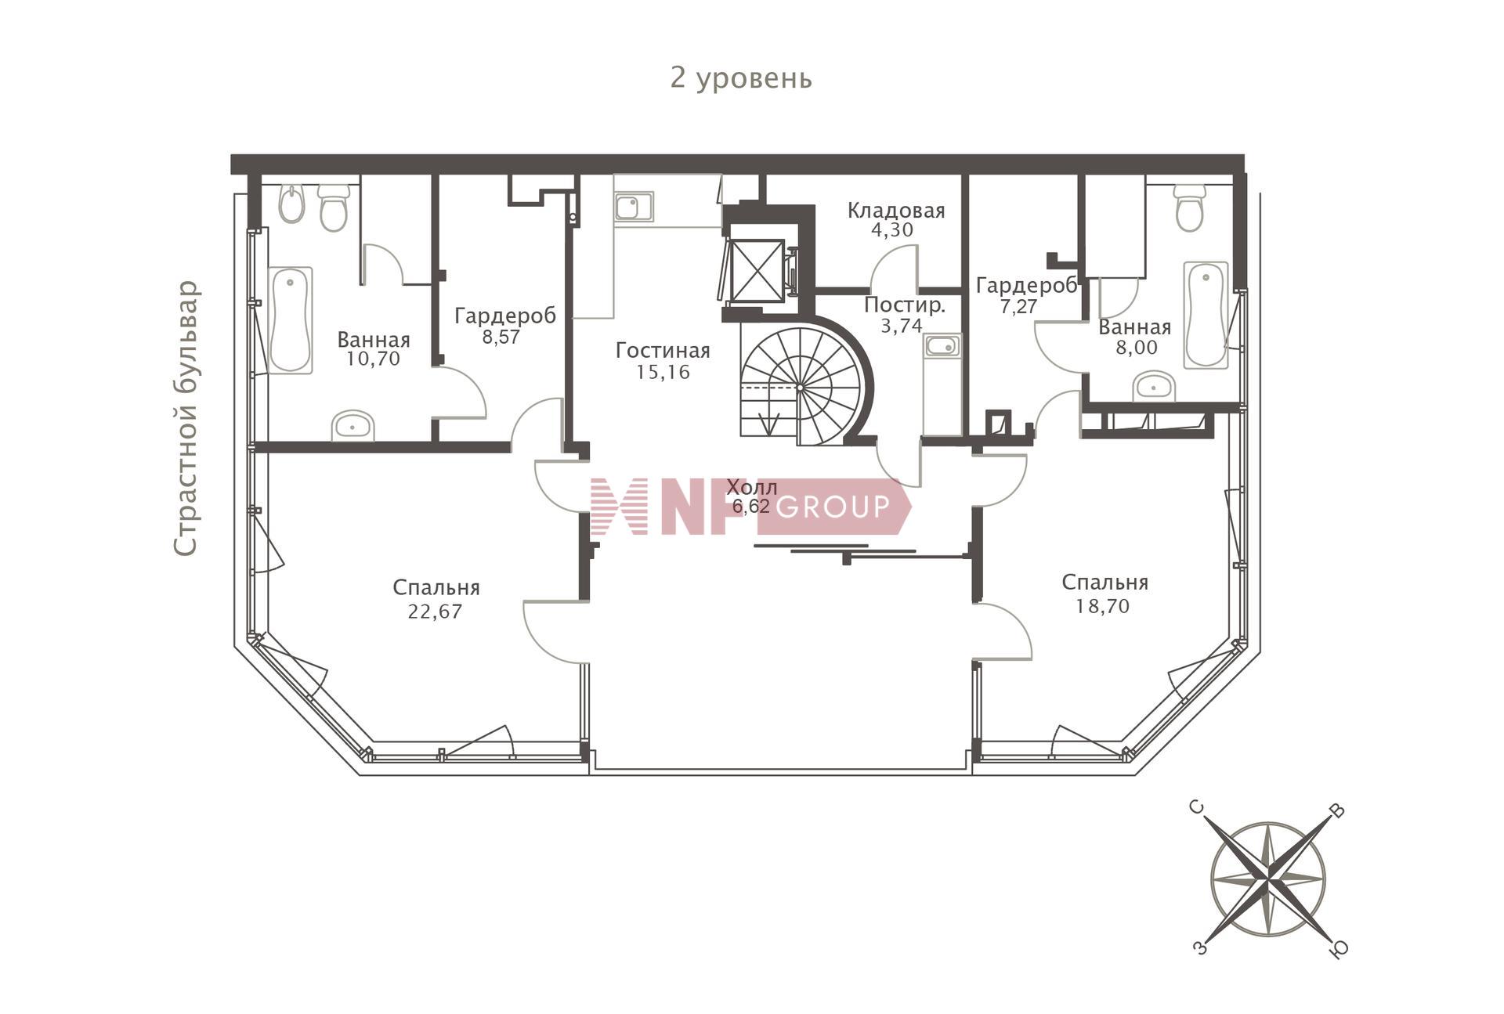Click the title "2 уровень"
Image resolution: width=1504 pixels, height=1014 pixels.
(x=741, y=78)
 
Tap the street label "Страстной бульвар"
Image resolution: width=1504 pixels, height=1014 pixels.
(x=186, y=418)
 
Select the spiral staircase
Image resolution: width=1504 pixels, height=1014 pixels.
(x=803, y=387)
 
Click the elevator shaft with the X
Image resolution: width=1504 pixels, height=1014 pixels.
(x=757, y=269)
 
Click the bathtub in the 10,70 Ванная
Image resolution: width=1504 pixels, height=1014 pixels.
(x=290, y=319)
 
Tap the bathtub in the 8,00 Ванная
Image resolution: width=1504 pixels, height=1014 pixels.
(x=1206, y=314)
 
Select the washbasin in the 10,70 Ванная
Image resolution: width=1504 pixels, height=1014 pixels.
(x=352, y=426)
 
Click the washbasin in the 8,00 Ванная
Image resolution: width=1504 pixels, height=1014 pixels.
(x=1154, y=387)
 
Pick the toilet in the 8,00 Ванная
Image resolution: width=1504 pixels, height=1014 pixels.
(x=1190, y=208)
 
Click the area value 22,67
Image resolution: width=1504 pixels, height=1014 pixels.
(x=435, y=612)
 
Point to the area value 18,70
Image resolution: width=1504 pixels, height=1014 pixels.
(x=1103, y=606)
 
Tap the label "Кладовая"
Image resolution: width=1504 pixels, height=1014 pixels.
(x=896, y=211)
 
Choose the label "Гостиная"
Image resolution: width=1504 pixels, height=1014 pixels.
(x=663, y=350)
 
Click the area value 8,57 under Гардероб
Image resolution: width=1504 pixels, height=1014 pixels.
(x=501, y=337)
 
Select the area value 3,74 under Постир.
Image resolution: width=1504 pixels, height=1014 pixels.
(x=902, y=326)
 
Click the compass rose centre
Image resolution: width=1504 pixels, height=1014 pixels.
(x=1268, y=879)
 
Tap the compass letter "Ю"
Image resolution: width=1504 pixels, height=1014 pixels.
(x=1339, y=949)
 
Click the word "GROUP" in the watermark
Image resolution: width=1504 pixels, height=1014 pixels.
(x=833, y=507)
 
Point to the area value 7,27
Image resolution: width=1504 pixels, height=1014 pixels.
(x=1018, y=306)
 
